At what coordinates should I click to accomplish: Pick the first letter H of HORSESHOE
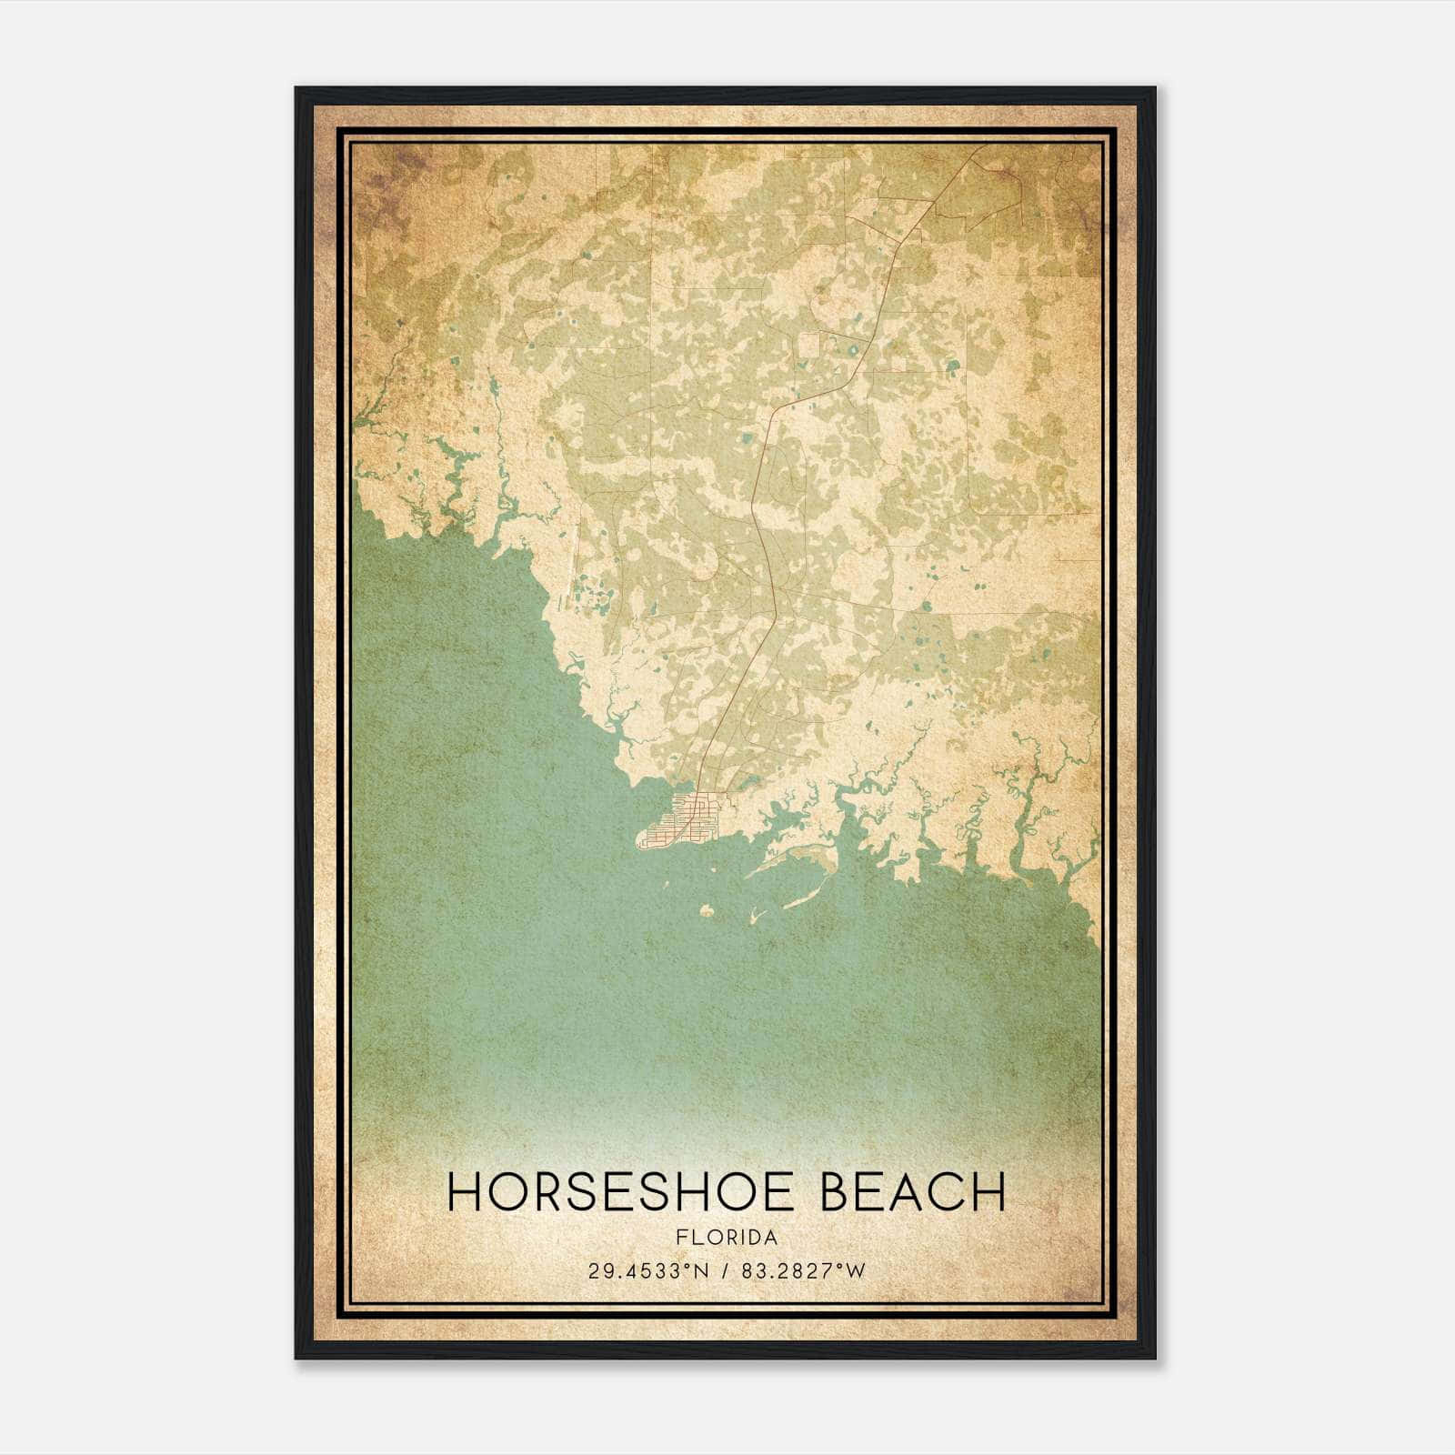point(466,1192)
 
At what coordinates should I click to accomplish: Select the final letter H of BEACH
point(989,1192)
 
